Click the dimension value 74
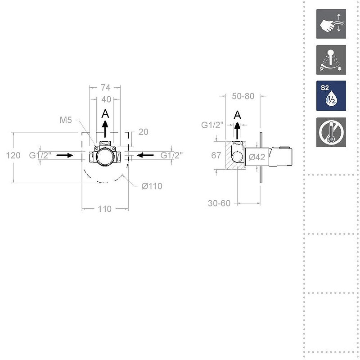(x=105, y=88)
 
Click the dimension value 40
(x=106, y=99)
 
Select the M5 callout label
(x=66, y=120)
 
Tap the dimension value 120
(x=13, y=155)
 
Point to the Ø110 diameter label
(x=152, y=186)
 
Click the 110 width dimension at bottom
(x=104, y=209)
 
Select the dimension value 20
(x=143, y=132)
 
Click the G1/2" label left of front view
(x=40, y=155)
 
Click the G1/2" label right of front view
(x=171, y=155)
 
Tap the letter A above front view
(x=105, y=114)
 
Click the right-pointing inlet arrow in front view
(x=65, y=155)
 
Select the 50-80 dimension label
(x=243, y=96)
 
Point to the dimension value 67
(x=216, y=155)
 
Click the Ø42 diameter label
(x=256, y=157)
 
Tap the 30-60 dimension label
(x=219, y=203)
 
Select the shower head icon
(x=331, y=59)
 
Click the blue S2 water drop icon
(x=331, y=95)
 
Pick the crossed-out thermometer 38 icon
(x=331, y=132)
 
